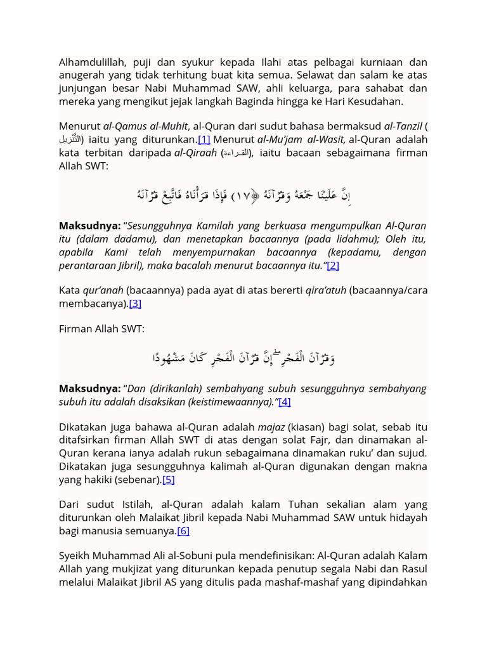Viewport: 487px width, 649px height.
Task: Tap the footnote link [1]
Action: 204,139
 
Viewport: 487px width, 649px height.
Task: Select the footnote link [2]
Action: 333,266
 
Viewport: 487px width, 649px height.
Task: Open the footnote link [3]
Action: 135,304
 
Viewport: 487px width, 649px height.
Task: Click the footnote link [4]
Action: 284,402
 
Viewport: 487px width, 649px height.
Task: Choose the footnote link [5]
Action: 168,480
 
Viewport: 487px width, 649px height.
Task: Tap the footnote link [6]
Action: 183,530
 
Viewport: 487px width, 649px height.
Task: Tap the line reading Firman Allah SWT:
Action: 101,329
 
